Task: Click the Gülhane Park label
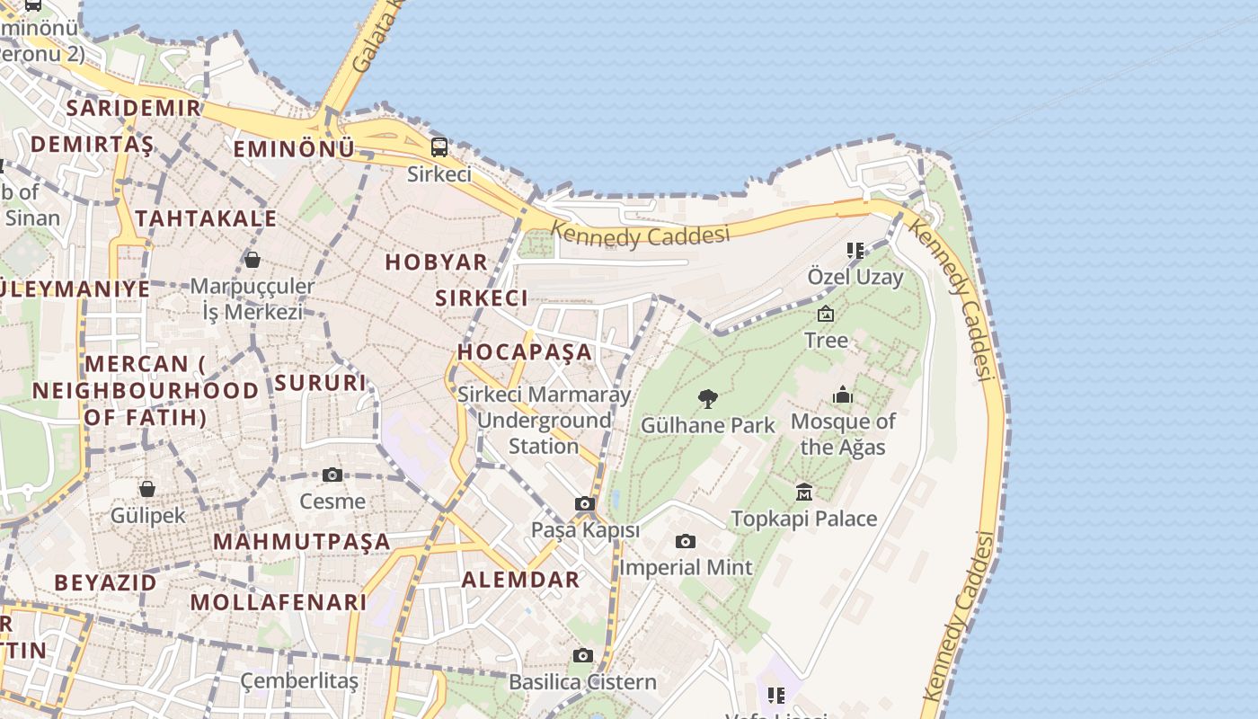pyautogui.click(x=708, y=425)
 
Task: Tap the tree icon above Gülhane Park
pyautogui.click(x=708, y=399)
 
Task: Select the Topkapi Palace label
pyautogui.click(x=803, y=519)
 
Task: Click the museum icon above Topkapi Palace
pyautogui.click(x=804, y=492)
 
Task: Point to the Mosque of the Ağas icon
pyautogui.click(x=842, y=395)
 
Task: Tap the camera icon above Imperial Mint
pyautogui.click(x=686, y=541)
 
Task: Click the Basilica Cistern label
pyautogui.click(x=583, y=682)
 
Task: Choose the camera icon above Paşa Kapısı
pyautogui.click(x=585, y=504)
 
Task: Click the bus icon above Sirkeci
pyautogui.click(x=439, y=147)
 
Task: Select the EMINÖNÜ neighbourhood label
pyautogui.click(x=294, y=149)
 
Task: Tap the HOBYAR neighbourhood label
pyautogui.click(x=437, y=262)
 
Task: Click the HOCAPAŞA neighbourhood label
pyautogui.click(x=526, y=351)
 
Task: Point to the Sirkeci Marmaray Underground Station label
pyautogui.click(x=545, y=420)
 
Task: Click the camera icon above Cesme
pyautogui.click(x=332, y=475)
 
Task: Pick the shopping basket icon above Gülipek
pyautogui.click(x=147, y=489)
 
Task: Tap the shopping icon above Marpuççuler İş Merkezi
pyautogui.click(x=252, y=260)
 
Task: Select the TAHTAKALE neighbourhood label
pyautogui.click(x=206, y=218)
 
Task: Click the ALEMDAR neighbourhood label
pyautogui.click(x=520, y=580)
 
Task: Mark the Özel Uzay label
pyautogui.click(x=855, y=277)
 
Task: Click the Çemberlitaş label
pyautogui.click(x=299, y=681)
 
